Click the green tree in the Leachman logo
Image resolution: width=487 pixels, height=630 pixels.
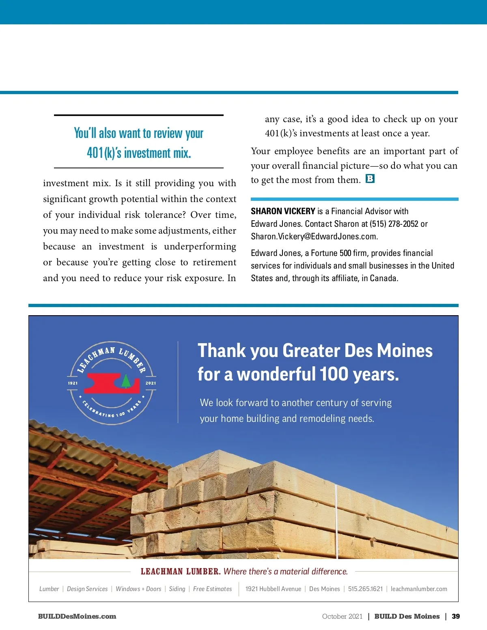click(x=126, y=381)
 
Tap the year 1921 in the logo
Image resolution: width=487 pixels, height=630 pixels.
click(x=73, y=383)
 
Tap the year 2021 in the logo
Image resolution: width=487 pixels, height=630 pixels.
click(x=151, y=383)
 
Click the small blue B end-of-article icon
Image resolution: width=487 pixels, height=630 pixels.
click(x=370, y=179)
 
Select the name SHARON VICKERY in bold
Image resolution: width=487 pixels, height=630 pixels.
click(x=283, y=211)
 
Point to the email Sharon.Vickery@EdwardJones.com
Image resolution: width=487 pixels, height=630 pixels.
click(x=314, y=237)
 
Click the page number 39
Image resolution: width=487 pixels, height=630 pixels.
click(x=456, y=616)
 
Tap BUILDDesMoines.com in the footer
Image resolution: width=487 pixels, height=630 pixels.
click(x=77, y=616)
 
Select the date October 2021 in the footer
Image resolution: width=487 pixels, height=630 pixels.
click(x=342, y=616)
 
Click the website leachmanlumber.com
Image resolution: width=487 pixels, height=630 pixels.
click(x=419, y=589)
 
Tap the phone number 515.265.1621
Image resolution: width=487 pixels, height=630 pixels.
click(x=365, y=589)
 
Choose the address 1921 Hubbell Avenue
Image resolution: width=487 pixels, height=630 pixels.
click(x=273, y=589)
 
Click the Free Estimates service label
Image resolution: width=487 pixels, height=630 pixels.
click(x=212, y=589)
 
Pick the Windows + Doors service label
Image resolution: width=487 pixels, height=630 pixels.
click(x=138, y=589)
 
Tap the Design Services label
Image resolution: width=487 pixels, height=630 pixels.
click(x=87, y=589)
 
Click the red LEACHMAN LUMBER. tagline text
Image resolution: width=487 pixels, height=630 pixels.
click(x=181, y=572)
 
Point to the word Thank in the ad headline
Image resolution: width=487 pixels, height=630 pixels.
click(x=222, y=351)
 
